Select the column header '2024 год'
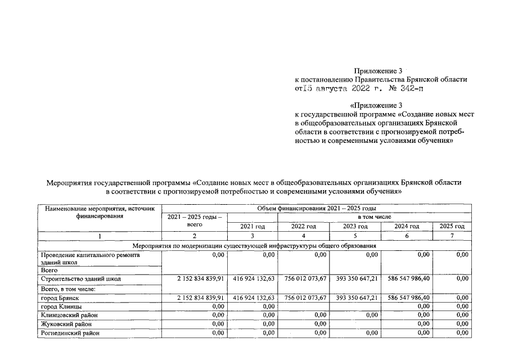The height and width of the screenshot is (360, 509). tap(407, 227)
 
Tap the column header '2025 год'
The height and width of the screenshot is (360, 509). tap(452, 227)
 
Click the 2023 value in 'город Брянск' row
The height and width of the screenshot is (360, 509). tap(356, 298)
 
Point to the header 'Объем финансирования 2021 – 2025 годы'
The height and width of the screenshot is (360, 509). tap(316, 209)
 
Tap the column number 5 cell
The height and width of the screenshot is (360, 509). tap(355, 236)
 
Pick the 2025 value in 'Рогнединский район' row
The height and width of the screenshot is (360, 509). tap(462, 334)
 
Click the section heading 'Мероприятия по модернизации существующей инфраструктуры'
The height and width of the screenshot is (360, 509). tap(254, 246)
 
